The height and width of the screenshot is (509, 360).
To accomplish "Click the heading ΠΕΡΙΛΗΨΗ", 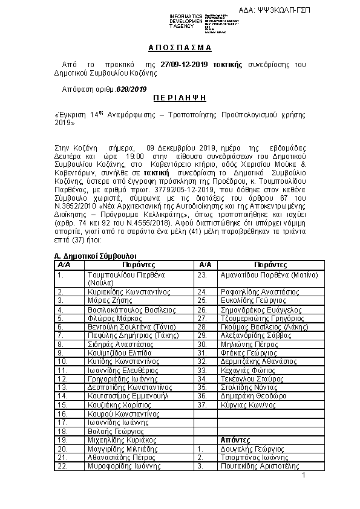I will click(x=179, y=97).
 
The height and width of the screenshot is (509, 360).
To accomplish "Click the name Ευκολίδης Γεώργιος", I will click(x=252, y=300).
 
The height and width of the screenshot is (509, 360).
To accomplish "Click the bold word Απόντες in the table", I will click(x=234, y=440).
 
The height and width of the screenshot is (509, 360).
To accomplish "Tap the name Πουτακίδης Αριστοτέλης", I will click(x=261, y=467).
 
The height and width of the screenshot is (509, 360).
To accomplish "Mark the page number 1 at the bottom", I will click(x=304, y=476).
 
